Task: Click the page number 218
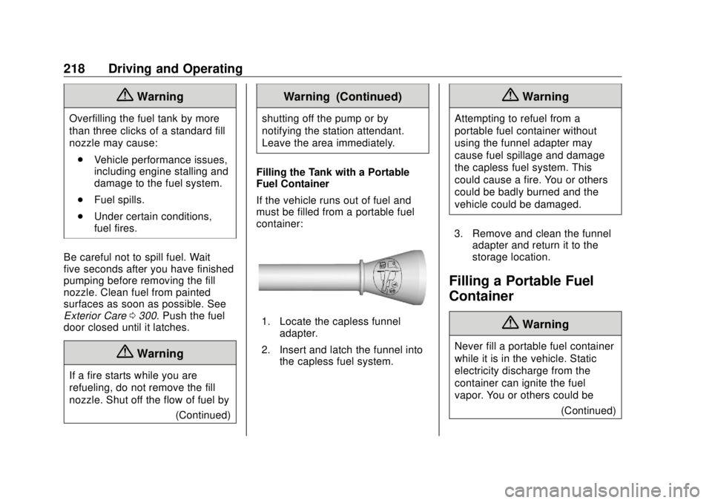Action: pyautogui.click(x=74, y=69)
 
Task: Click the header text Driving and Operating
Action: pyautogui.click(x=175, y=69)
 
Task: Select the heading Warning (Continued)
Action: pyautogui.click(x=343, y=96)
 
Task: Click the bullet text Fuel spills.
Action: pyautogui.click(x=119, y=200)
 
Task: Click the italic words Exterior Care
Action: pyautogui.click(x=95, y=316)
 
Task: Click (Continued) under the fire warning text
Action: pyautogui.click(x=203, y=415)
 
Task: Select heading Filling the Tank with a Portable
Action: pyautogui.click(x=333, y=172)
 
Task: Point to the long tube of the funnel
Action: pyautogui.click(x=309, y=277)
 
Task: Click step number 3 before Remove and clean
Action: pyautogui.click(x=458, y=234)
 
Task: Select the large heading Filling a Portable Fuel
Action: pyautogui.click(x=521, y=281)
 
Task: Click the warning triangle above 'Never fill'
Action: pyautogui.click(x=512, y=323)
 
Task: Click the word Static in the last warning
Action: pyautogui.click(x=583, y=358)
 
